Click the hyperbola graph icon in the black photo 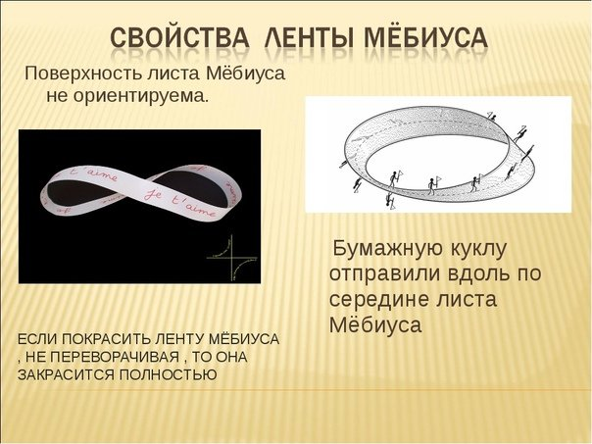(x=233, y=257)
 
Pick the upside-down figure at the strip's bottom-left (x=390, y=199)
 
